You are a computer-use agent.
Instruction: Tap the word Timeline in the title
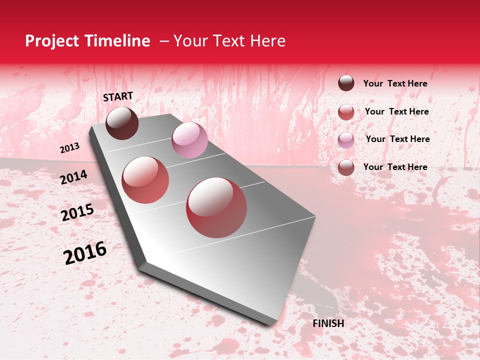tap(117, 41)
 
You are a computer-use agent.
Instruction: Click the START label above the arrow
tap(118, 96)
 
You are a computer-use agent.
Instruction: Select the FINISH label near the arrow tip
tap(328, 323)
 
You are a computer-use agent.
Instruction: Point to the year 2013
tap(70, 148)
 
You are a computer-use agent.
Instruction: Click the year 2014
tap(74, 177)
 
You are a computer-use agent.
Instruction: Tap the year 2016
tap(85, 253)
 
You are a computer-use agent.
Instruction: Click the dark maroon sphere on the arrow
tap(122, 123)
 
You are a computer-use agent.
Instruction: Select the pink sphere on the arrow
tap(189, 140)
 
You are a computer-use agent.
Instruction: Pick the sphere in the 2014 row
tap(145, 180)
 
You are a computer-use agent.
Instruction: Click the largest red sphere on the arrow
tap(216, 207)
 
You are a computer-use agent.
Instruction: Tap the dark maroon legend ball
tap(346, 83)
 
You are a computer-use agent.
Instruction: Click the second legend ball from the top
tap(346, 112)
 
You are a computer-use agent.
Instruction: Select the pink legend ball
tap(346, 140)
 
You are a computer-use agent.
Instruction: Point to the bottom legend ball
tap(346, 167)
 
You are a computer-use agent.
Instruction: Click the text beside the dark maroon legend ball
tap(395, 83)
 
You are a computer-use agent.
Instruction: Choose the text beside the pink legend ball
tap(398, 139)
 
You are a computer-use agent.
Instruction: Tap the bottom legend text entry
tap(395, 167)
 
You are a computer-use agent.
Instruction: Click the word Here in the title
tap(267, 41)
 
